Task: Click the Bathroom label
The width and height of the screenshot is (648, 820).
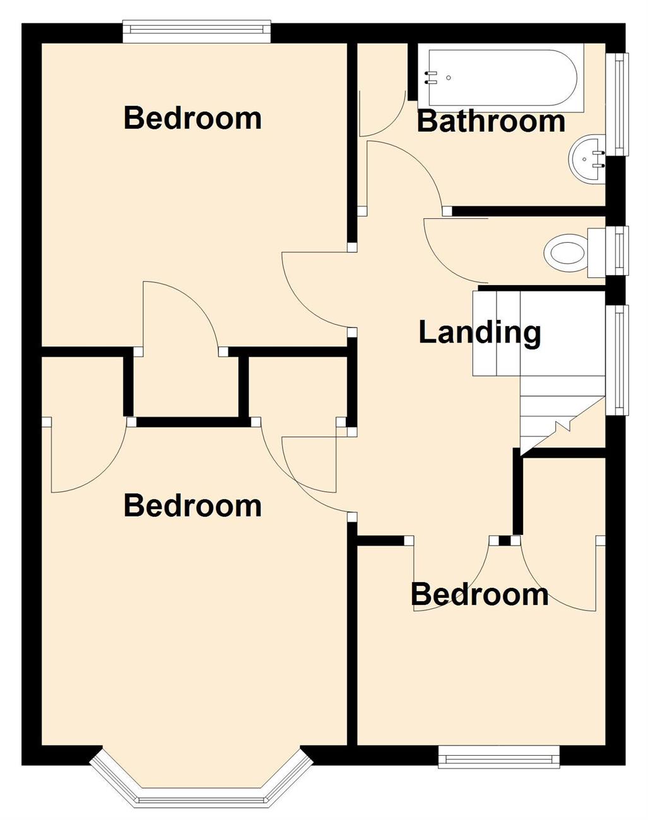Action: [x=490, y=120]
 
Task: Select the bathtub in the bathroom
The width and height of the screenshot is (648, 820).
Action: [x=500, y=78]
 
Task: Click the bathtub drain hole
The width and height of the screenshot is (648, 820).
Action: [x=449, y=78]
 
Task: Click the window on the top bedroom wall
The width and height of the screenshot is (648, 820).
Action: [x=197, y=33]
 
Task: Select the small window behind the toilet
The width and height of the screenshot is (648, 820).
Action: [x=618, y=251]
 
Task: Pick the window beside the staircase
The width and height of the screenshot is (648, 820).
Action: [x=618, y=360]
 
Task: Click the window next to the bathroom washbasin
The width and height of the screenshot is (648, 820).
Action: [x=618, y=104]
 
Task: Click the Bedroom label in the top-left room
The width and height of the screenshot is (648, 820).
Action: [x=192, y=118]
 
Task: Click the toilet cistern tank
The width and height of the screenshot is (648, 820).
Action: [x=597, y=252]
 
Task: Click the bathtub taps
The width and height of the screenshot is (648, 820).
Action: [x=431, y=77]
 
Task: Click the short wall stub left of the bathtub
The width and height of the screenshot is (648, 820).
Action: [x=412, y=72]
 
